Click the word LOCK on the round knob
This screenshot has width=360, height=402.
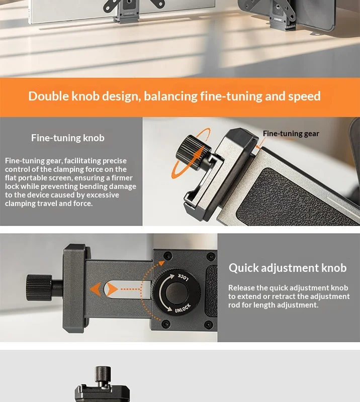[184, 277]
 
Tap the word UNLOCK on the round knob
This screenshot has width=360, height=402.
[183, 308]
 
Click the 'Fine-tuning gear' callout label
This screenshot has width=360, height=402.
[291, 134]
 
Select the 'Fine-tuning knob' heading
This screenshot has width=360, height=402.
[68, 138]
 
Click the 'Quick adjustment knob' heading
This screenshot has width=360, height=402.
[288, 268]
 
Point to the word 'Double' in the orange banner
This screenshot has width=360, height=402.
[49, 96]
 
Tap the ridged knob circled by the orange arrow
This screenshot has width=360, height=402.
[193, 153]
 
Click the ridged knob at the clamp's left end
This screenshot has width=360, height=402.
[39, 287]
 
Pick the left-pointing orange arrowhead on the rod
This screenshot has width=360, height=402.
[96, 289]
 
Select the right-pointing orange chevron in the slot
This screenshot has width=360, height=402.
[112, 289]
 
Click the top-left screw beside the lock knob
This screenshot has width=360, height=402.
[168, 256]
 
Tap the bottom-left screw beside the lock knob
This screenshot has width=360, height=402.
[165, 324]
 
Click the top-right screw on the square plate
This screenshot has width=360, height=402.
[211, 256]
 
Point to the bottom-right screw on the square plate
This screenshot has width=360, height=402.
[209, 325]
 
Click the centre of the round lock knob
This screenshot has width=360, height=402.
[176, 292]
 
